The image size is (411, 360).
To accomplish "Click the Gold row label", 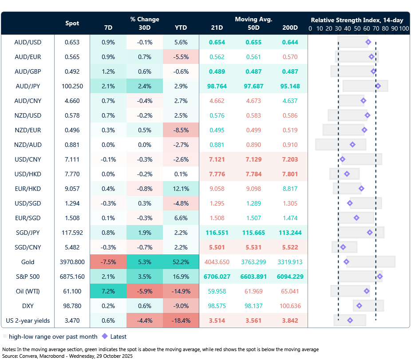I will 28,262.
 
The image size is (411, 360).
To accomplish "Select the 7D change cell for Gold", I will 108,262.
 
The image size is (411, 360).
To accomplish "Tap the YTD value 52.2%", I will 181,262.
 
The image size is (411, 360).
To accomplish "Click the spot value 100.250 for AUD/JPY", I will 72,86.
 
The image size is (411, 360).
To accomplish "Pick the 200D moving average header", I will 290,28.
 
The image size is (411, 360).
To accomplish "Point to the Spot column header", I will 72,23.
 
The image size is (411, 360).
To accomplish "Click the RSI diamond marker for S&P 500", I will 380,277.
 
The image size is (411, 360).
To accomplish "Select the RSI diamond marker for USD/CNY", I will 342,159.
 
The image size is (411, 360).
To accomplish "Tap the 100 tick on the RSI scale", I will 403,28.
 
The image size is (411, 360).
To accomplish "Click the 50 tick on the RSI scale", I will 357,28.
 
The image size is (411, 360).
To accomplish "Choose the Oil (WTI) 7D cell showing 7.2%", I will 108,291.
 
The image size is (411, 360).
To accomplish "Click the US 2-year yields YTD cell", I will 181,320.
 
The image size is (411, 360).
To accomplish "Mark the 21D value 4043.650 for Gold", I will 217,262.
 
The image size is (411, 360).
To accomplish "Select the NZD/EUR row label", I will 28,130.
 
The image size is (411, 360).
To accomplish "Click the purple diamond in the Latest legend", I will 105,336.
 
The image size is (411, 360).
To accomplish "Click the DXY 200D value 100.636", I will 290,306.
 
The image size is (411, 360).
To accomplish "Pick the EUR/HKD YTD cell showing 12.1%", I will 181,189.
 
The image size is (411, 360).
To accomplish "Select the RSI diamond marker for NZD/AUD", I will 352,145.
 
